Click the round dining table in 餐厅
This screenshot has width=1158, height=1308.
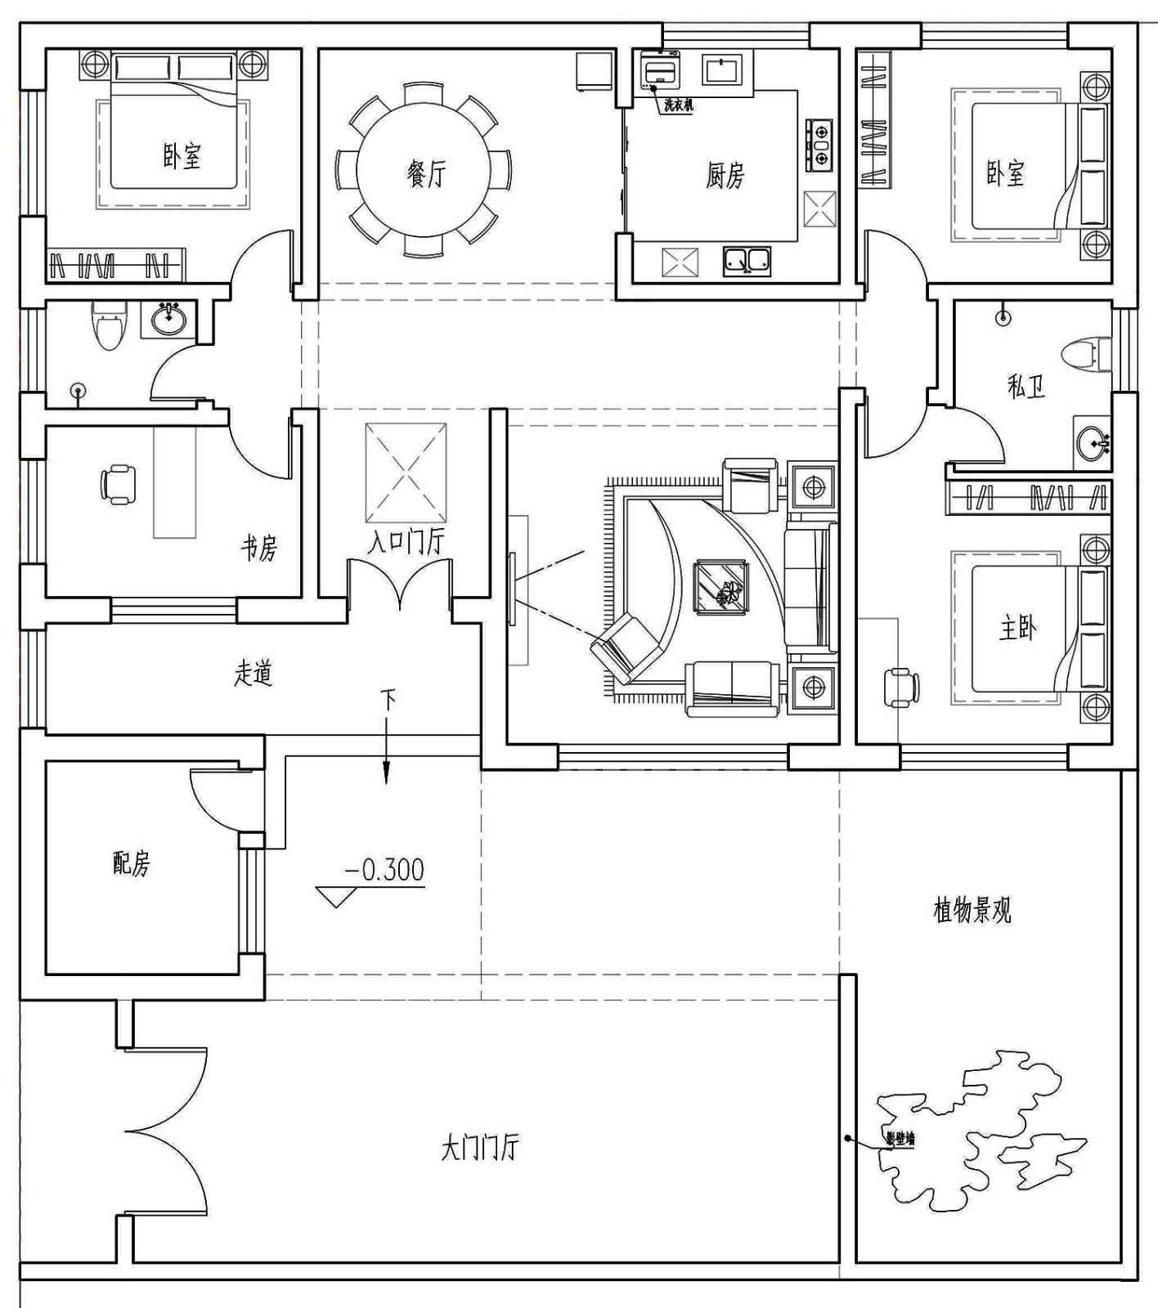[x=424, y=172]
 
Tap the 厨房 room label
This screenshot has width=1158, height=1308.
[x=725, y=175]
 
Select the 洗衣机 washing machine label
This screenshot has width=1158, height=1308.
[x=678, y=106]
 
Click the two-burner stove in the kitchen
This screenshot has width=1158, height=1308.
[x=820, y=145]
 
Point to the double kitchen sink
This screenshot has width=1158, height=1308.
[x=747, y=261]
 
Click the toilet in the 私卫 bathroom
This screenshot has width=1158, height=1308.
[x=1087, y=355]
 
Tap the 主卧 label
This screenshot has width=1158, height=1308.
[x=1017, y=628]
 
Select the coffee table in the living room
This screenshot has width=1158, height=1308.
[x=720, y=583]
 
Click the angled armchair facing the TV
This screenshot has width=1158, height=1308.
[x=627, y=646]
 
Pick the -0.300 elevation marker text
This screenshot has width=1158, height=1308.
[x=384, y=869]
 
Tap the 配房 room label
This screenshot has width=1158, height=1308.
[x=132, y=863]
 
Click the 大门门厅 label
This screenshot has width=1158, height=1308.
[x=479, y=1148]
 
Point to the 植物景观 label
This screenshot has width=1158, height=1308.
[x=972, y=910]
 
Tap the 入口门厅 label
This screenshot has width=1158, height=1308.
[x=405, y=542]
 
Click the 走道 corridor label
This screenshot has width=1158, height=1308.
[x=253, y=674]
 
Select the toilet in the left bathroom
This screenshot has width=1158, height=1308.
[x=109, y=325]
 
